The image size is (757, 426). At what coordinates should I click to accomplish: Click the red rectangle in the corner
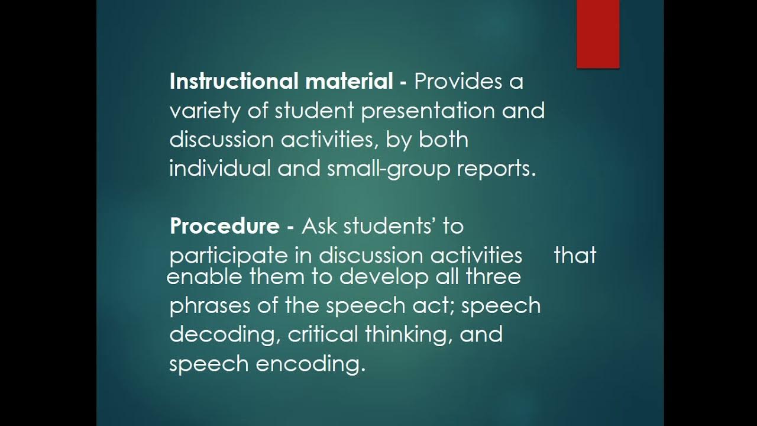598,33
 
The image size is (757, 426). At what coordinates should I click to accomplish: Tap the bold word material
349,81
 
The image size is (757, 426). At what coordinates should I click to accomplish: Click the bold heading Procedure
224,226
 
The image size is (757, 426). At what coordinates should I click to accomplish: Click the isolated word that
575,256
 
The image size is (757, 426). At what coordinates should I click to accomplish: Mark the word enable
199,276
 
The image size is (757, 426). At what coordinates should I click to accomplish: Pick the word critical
323,334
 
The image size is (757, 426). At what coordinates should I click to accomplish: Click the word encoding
310,364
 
